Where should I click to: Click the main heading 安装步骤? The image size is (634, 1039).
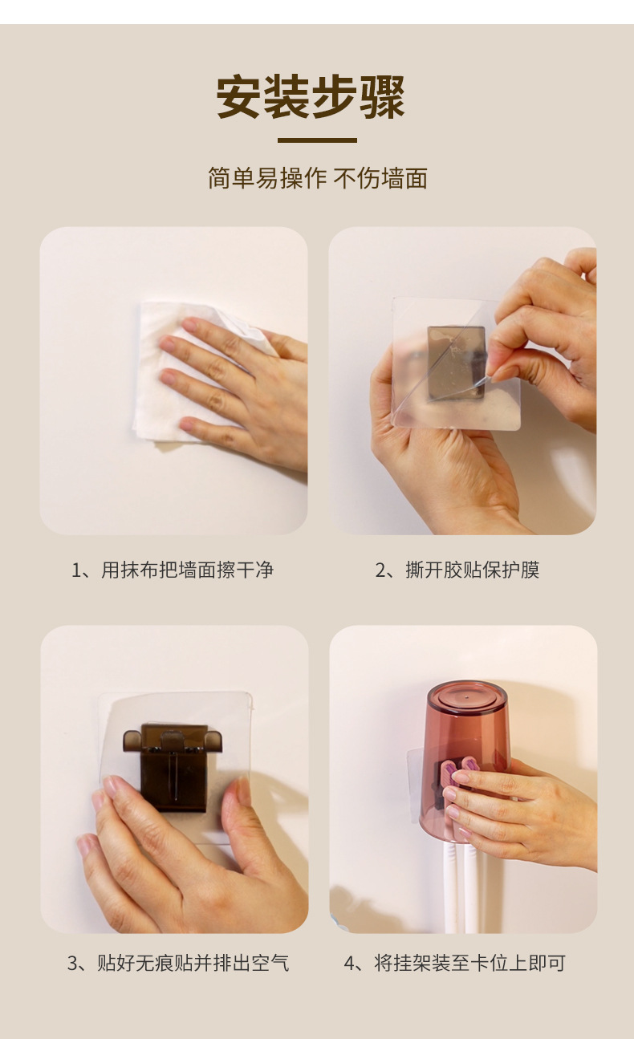[311, 96]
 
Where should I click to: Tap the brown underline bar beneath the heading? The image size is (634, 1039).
[317, 140]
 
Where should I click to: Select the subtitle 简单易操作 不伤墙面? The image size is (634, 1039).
[318, 178]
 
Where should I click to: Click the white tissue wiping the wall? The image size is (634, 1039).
[195, 371]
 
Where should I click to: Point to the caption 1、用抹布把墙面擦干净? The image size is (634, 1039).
[173, 570]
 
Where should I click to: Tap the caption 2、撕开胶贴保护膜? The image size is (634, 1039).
[457, 570]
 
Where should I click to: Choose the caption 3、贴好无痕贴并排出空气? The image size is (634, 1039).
[178, 964]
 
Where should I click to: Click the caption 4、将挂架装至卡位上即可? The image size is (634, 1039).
[455, 964]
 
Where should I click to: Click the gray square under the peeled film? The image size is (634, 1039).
[456, 363]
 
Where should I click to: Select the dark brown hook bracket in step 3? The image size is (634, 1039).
[173, 767]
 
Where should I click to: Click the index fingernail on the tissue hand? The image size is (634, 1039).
[189, 324]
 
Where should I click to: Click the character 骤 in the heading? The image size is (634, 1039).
[383, 97]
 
